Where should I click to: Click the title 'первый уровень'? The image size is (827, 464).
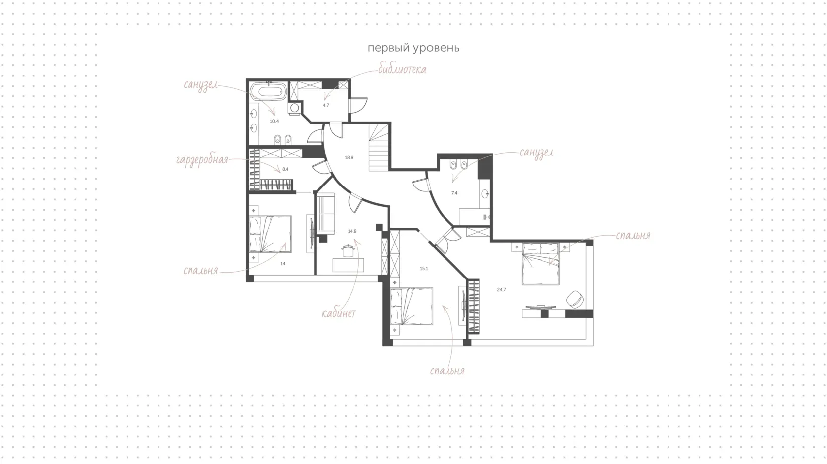pos(413,48)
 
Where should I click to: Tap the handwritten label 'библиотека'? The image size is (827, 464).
pos(402,69)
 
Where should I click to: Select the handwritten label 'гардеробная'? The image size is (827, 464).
pos(202,160)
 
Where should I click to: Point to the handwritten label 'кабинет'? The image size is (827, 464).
pos(339,314)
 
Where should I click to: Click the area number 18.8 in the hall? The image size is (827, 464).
pos(349,157)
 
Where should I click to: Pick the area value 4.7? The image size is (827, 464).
pos(326,105)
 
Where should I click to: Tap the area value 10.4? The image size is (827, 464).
pos(274,121)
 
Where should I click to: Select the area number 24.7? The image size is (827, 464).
pos(501,290)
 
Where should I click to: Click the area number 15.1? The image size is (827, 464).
pos(424,269)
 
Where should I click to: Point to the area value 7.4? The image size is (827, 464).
pos(454,193)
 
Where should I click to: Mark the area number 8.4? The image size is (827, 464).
pos(285,169)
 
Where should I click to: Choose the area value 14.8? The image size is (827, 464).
pos(352,231)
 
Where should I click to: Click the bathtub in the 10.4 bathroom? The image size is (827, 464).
pos(268,91)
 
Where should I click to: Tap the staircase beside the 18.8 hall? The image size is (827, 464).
pos(379,147)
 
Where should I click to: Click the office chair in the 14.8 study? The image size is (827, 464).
pos(348,251)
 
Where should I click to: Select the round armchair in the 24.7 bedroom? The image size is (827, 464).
pos(574,299)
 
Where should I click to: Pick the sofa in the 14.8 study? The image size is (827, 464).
pos(326,214)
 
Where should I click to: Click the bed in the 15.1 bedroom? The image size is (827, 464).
pos(412,307)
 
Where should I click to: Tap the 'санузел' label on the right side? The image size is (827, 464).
pos(537,153)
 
